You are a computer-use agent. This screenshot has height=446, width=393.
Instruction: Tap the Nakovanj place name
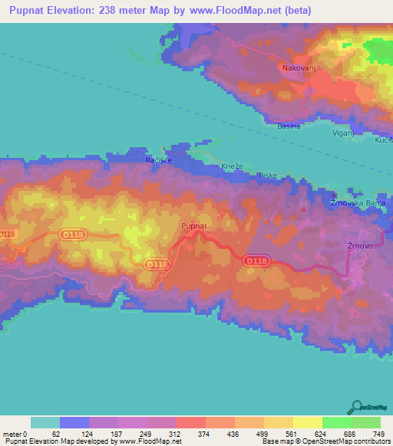click(x=296, y=67)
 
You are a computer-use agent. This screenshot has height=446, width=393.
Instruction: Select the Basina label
click(x=289, y=126)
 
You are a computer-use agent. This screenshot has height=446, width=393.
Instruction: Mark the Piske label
click(x=268, y=175)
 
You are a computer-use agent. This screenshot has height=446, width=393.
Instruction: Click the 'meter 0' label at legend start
click(x=15, y=434)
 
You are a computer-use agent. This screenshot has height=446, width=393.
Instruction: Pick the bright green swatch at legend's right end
click(x=365, y=422)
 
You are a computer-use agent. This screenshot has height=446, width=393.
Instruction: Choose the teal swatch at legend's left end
click(x=45, y=422)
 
